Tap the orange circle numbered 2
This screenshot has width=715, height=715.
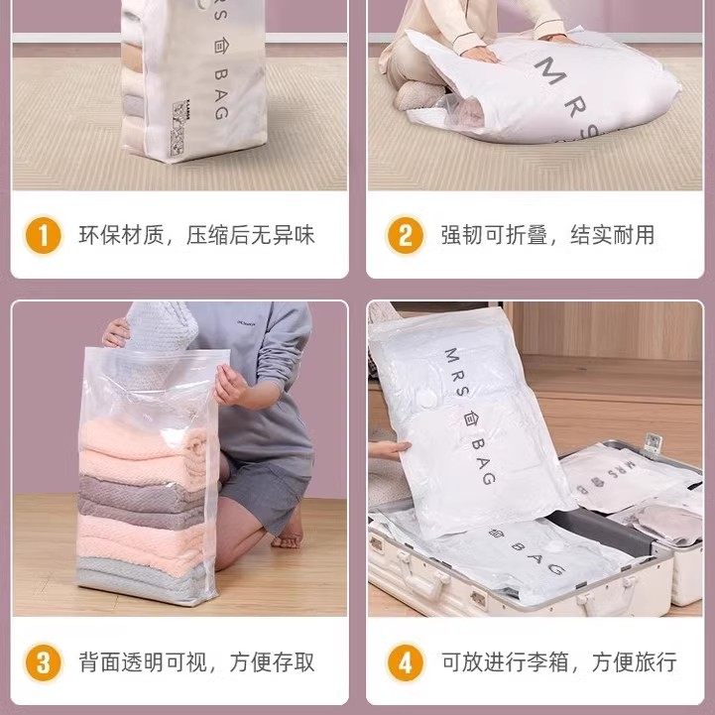pos(405,236)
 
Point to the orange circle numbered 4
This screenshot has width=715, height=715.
pos(405,660)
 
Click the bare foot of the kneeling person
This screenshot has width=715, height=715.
pos(286,539)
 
